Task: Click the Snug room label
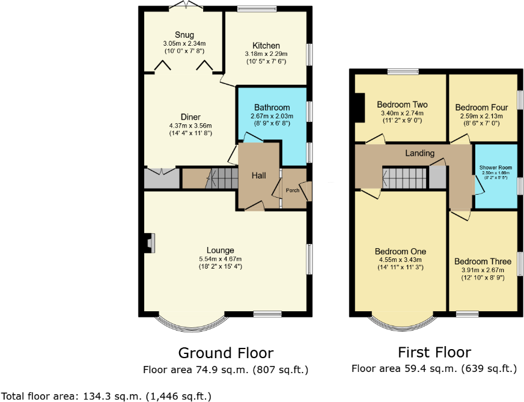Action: pyautogui.click(x=184, y=34)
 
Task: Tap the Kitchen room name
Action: pyautogui.click(x=266, y=46)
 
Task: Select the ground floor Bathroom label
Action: pyautogui.click(x=272, y=108)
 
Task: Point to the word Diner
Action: pyautogui.click(x=190, y=117)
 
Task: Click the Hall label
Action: pyautogui.click(x=258, y=175)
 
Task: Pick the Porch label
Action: pyautogui.click(x=292, y=190)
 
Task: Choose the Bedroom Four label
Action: pyautogui.click(x=481, y=108)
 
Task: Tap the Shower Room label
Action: pyautogui.click(x=496, y=167)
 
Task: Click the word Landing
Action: pyautogui.click(x=419, y=153)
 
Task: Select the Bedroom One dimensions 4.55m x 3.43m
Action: pyautogui.click(x=400, y=260)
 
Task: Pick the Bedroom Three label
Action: pyautogui.click(x=483, y=261)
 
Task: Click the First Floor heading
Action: pyautogui.click(x=434, y=352)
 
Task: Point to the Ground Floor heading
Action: pyautogui.click(x=225, y=353)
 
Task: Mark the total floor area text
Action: pyautogui.click(x=106, y=395)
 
